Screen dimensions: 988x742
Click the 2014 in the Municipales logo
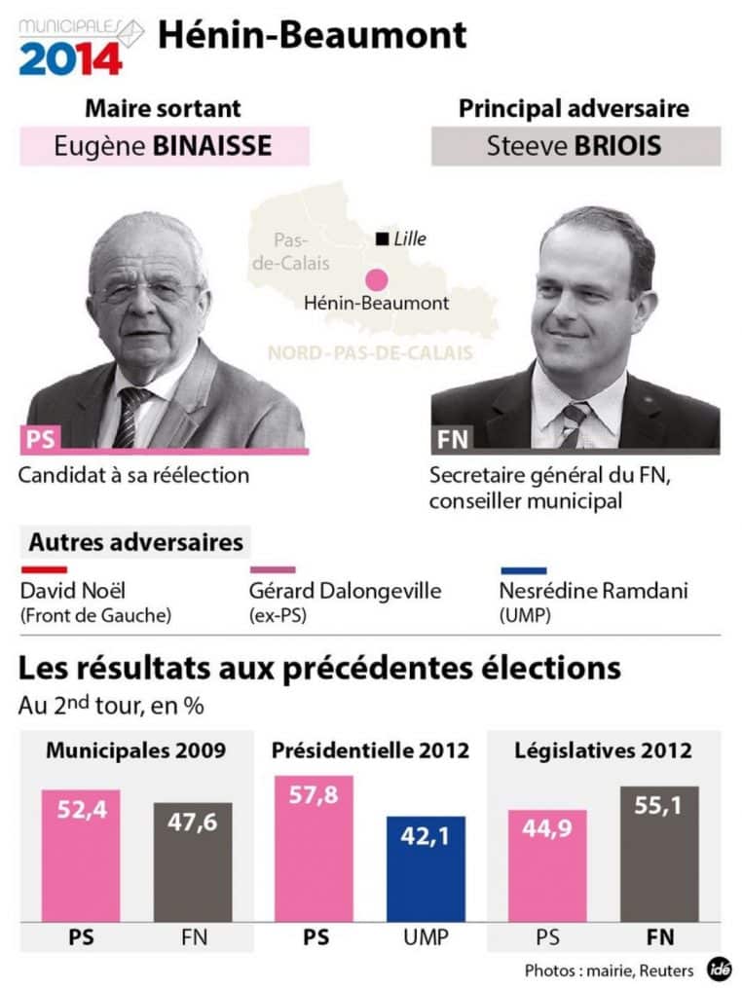click(x=70, y=57)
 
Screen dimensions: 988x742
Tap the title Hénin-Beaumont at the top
click(x=312, y=35)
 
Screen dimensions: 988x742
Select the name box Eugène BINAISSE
click(x=164, y=147)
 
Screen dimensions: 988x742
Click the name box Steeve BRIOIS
click(x=575, y=147)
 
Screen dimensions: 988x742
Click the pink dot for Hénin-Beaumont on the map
click(x=376, y=278)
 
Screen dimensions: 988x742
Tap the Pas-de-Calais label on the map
click(x=291, y=250)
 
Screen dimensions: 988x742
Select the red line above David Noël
click(x=43, y=569)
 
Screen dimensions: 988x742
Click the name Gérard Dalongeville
click(x=346, y=591)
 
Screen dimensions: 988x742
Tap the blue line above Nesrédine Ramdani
click(x=522, y=569)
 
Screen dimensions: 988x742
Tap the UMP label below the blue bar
click(x=426, y=937)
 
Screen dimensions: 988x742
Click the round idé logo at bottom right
click(x=720, y=969)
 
